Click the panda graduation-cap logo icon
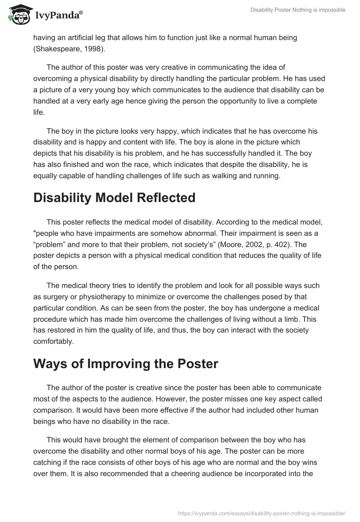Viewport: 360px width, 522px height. point(18,15)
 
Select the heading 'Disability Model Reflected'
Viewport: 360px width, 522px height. point(114,198)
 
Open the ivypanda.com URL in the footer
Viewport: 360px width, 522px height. point(262,513)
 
